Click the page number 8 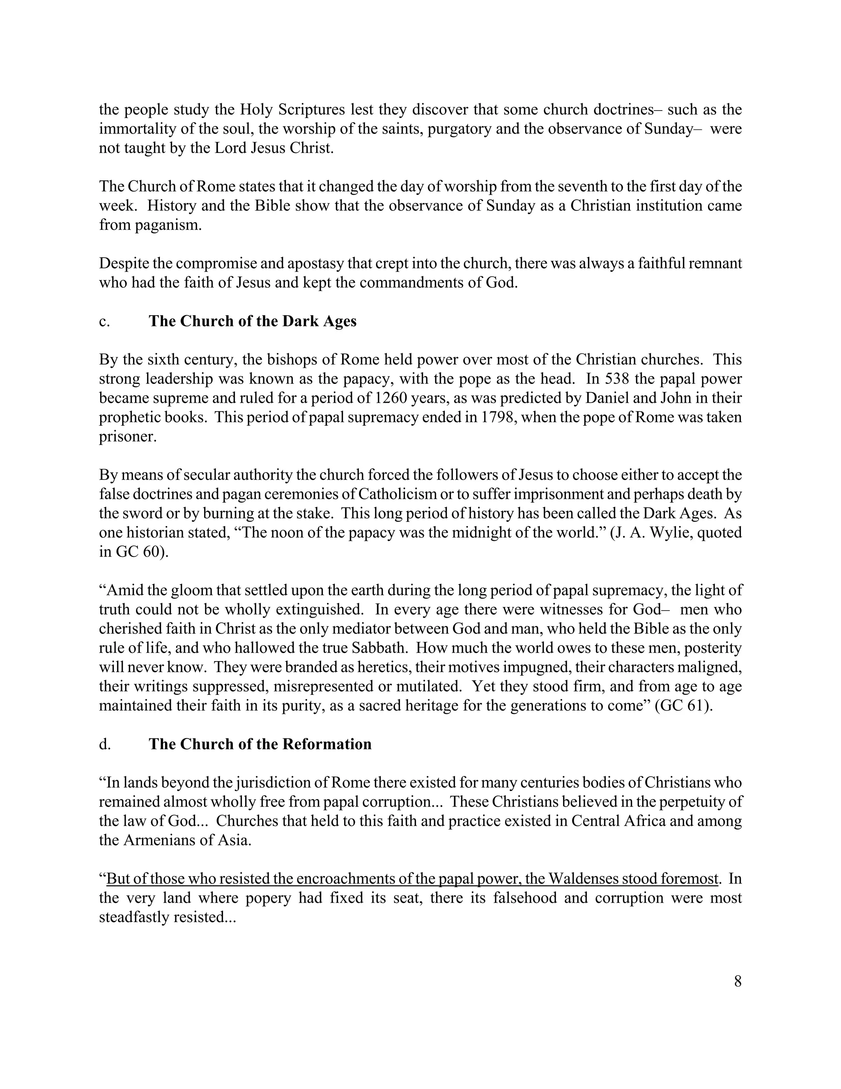(x=738, y=982)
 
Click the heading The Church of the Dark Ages (x=252, y=321)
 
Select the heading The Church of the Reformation (x=260, y=744)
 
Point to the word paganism (x=171, y=225)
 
